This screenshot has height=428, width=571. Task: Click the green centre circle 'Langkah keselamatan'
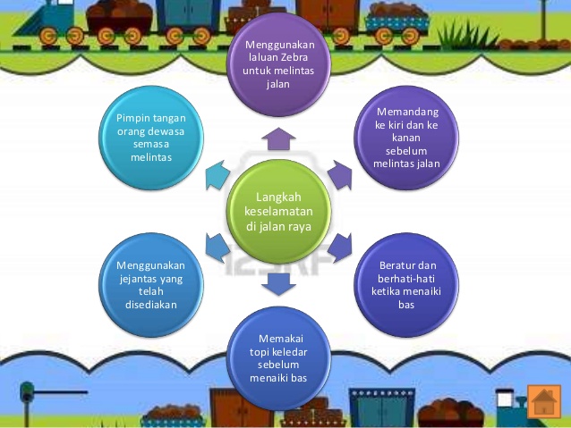(278, 212)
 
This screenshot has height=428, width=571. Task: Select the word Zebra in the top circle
(294, 57)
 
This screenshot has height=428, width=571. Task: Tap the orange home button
(544, 401)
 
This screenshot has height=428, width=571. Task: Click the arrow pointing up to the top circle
(278, 138)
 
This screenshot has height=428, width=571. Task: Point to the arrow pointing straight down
(278, 284)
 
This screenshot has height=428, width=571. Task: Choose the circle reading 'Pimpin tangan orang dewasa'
(151, 138)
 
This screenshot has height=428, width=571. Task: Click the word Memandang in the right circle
(407, 112)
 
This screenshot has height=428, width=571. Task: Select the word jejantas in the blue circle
(135, 279)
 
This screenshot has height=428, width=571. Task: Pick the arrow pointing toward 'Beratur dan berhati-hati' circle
(340, 248)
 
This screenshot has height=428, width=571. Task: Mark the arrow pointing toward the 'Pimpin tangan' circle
(217, 175)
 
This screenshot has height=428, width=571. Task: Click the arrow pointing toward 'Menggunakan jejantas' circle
(217, 248)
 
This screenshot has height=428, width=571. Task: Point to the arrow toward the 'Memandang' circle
(340, 175)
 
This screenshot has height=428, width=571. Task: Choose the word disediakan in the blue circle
(151, 305)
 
